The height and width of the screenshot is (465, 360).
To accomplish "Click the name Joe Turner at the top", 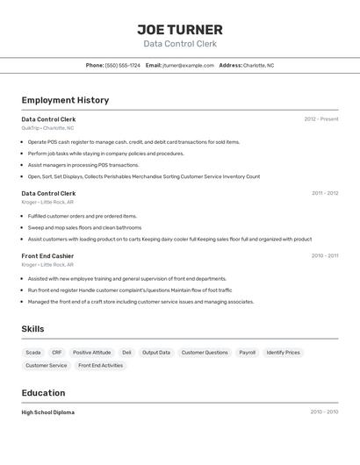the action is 180,29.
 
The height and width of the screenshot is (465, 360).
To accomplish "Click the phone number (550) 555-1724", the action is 123,65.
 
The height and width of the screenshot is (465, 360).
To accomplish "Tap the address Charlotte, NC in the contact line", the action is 258,65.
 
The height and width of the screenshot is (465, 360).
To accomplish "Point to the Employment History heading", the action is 65,100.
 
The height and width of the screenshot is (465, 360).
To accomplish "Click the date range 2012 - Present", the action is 320,119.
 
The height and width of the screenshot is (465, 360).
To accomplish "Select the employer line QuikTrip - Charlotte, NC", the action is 47,128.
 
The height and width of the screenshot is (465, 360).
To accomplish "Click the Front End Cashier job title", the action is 48,256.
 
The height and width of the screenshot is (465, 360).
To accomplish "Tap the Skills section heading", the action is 32,329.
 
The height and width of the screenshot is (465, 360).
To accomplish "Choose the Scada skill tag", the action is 33,353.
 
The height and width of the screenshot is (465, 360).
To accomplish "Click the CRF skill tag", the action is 57,353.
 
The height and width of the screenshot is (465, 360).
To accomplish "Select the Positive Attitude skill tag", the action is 91,353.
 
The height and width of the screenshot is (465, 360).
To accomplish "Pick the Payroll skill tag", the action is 247,353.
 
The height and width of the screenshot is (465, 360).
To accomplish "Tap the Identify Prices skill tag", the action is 283,353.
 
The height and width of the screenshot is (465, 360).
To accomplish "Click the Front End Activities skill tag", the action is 100,365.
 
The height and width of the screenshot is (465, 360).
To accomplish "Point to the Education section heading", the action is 43,393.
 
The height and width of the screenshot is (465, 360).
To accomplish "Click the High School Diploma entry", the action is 48,412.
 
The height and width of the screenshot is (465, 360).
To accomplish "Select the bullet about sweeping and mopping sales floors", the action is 84,227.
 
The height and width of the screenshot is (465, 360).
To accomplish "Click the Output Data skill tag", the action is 156,353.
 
